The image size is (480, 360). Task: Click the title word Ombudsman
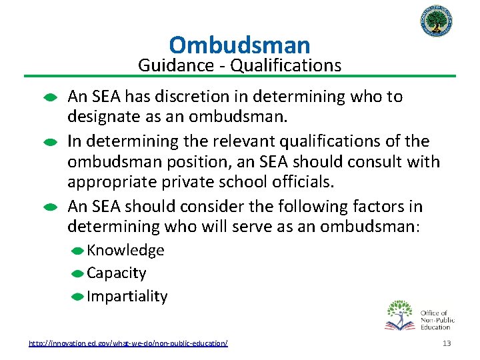239,45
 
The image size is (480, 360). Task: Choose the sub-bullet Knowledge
125,250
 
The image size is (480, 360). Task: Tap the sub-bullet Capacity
117,273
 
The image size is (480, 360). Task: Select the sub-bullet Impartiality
127,296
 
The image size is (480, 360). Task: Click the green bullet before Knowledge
77,251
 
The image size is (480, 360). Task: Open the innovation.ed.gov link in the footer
128,343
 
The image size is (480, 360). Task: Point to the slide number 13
446,343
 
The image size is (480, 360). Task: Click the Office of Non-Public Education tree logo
401,315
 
